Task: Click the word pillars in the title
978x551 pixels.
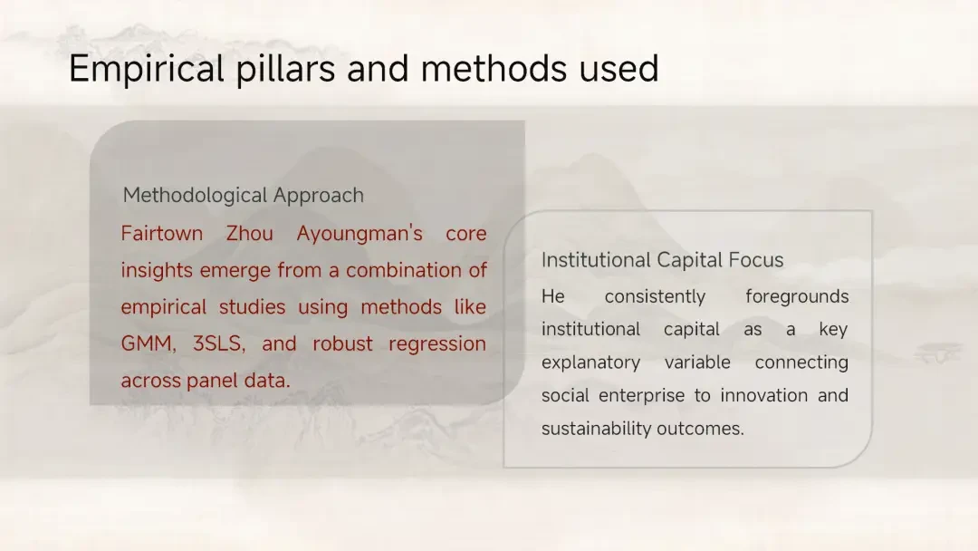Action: (x=285, y=69)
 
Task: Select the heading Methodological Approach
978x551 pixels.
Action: (x=244, y=196)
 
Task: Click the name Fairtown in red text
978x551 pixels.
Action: (x=161, y=234)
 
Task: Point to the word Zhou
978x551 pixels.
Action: (x=250, y=234)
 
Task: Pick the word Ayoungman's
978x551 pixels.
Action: (x=360, y=234)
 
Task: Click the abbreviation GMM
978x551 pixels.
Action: (x=149, y=343)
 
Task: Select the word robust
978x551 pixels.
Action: (x=342, y=343)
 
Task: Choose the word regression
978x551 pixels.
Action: (x=437, y=344)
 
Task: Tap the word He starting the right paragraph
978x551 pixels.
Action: (x=552, y=296)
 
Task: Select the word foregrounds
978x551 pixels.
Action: (x=797, y=297)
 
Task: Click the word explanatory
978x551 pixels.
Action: (x=590, y=362)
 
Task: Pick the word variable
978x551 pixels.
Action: (x=697, y=362)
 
